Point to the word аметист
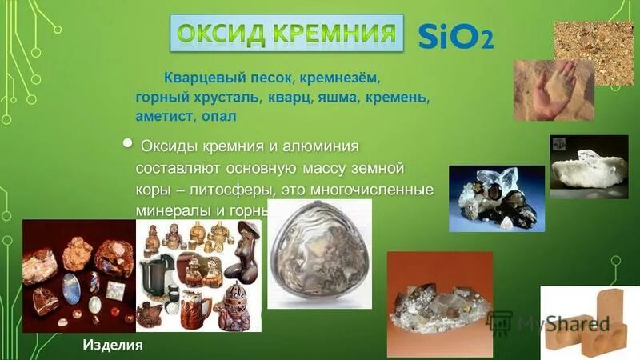[x=162, y=117]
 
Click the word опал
[x=222, y=117]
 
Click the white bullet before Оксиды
[x=129, y=142]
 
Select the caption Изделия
[x=113, y=345]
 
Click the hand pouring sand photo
[x=554, y=90]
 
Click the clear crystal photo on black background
[x=589, y=166]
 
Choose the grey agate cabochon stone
[x=319, y=254]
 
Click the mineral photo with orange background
[x=438, y=304]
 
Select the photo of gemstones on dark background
[x=78, y=275]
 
